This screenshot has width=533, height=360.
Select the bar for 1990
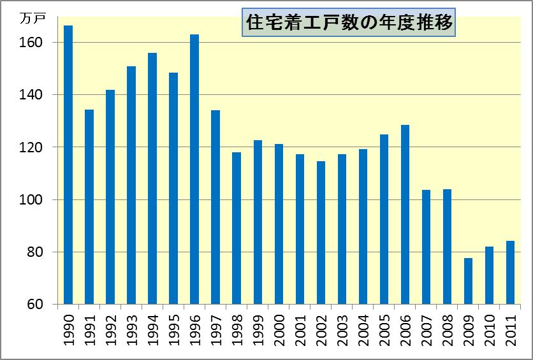68,165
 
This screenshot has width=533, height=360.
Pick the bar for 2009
469,281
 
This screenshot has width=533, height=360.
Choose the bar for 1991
89,207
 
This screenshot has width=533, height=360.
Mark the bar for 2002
321,233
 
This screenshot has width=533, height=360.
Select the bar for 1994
152,178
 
